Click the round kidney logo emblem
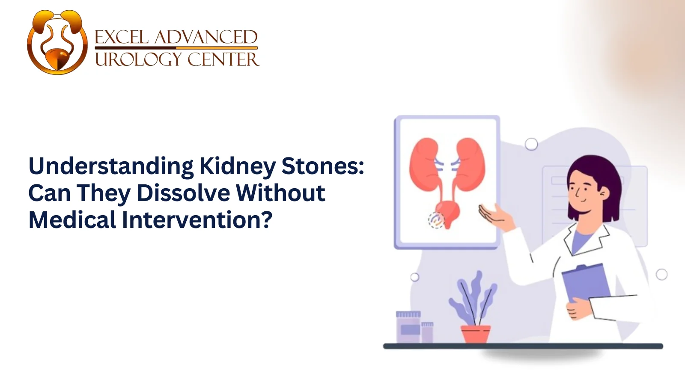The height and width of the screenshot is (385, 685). point(57,42)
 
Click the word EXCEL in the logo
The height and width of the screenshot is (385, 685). point(121,38)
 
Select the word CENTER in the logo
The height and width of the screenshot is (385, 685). point(223,59)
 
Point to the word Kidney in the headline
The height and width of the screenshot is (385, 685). point(238,166)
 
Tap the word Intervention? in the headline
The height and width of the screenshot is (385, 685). point(197,220)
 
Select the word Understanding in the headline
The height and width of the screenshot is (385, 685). point(111,166)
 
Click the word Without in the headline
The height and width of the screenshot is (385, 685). point(280,193)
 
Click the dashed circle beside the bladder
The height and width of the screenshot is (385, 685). point(436,220)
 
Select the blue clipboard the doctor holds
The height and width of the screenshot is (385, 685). point(587,282)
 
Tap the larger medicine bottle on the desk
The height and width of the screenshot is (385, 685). point(408,327)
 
